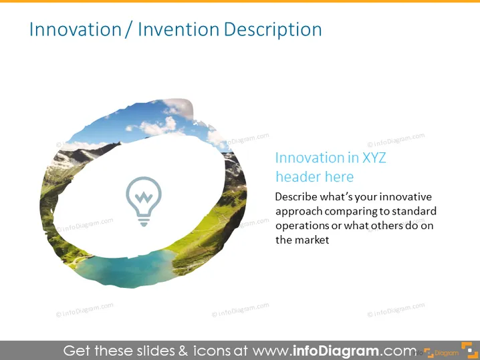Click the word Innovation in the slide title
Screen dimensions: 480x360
click(76, 29)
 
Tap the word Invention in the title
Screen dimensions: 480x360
click(178, 29)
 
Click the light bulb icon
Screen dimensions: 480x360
click(144, 201)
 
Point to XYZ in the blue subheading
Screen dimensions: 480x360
click(374, 158)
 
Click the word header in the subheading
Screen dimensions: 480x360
click(298, 176)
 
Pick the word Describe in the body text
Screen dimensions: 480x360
click(296, 196)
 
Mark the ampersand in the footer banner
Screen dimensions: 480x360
click(183, 351)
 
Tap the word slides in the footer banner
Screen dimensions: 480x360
click(156, 351)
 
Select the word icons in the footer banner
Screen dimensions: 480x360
click(212, 351)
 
